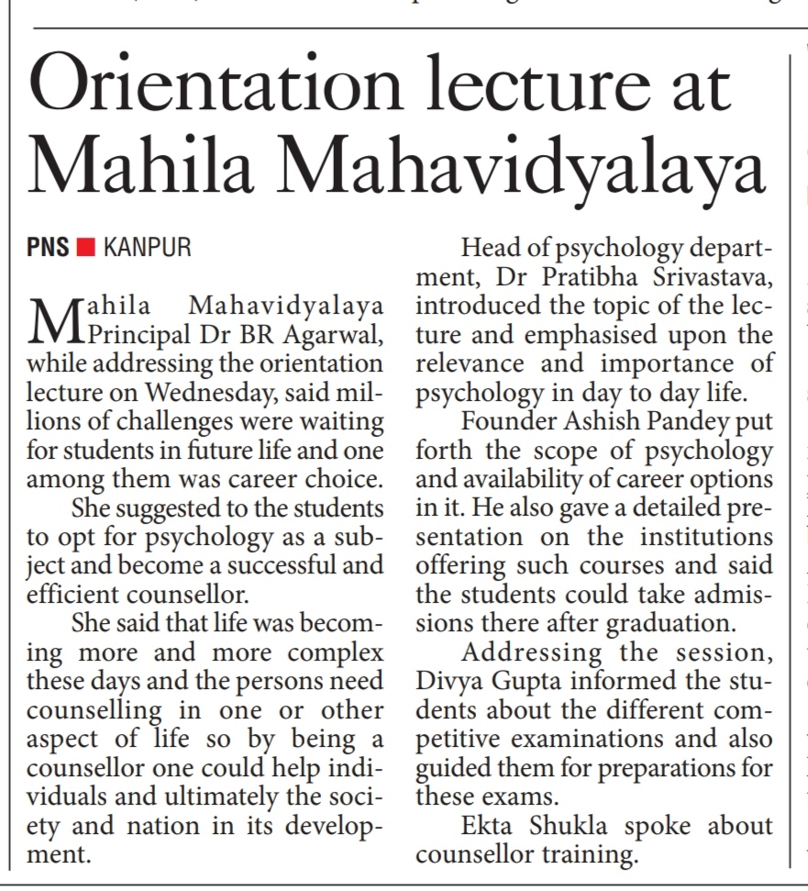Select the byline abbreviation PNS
click(x=49, y=248)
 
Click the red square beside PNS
click(x=86, y=249)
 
